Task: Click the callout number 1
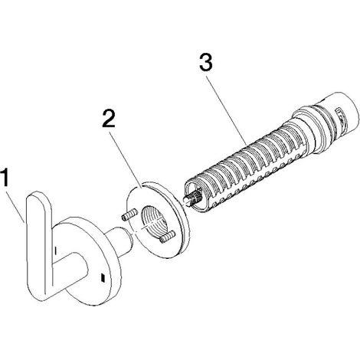click(x=5, y=178)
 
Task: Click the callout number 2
click(x=109, y=118)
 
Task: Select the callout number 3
click(x=206, y=62)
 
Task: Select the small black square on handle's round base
click(x=103, y=277)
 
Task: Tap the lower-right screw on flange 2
click(x=167, y=236)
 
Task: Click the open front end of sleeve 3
click(x=197, y=195)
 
